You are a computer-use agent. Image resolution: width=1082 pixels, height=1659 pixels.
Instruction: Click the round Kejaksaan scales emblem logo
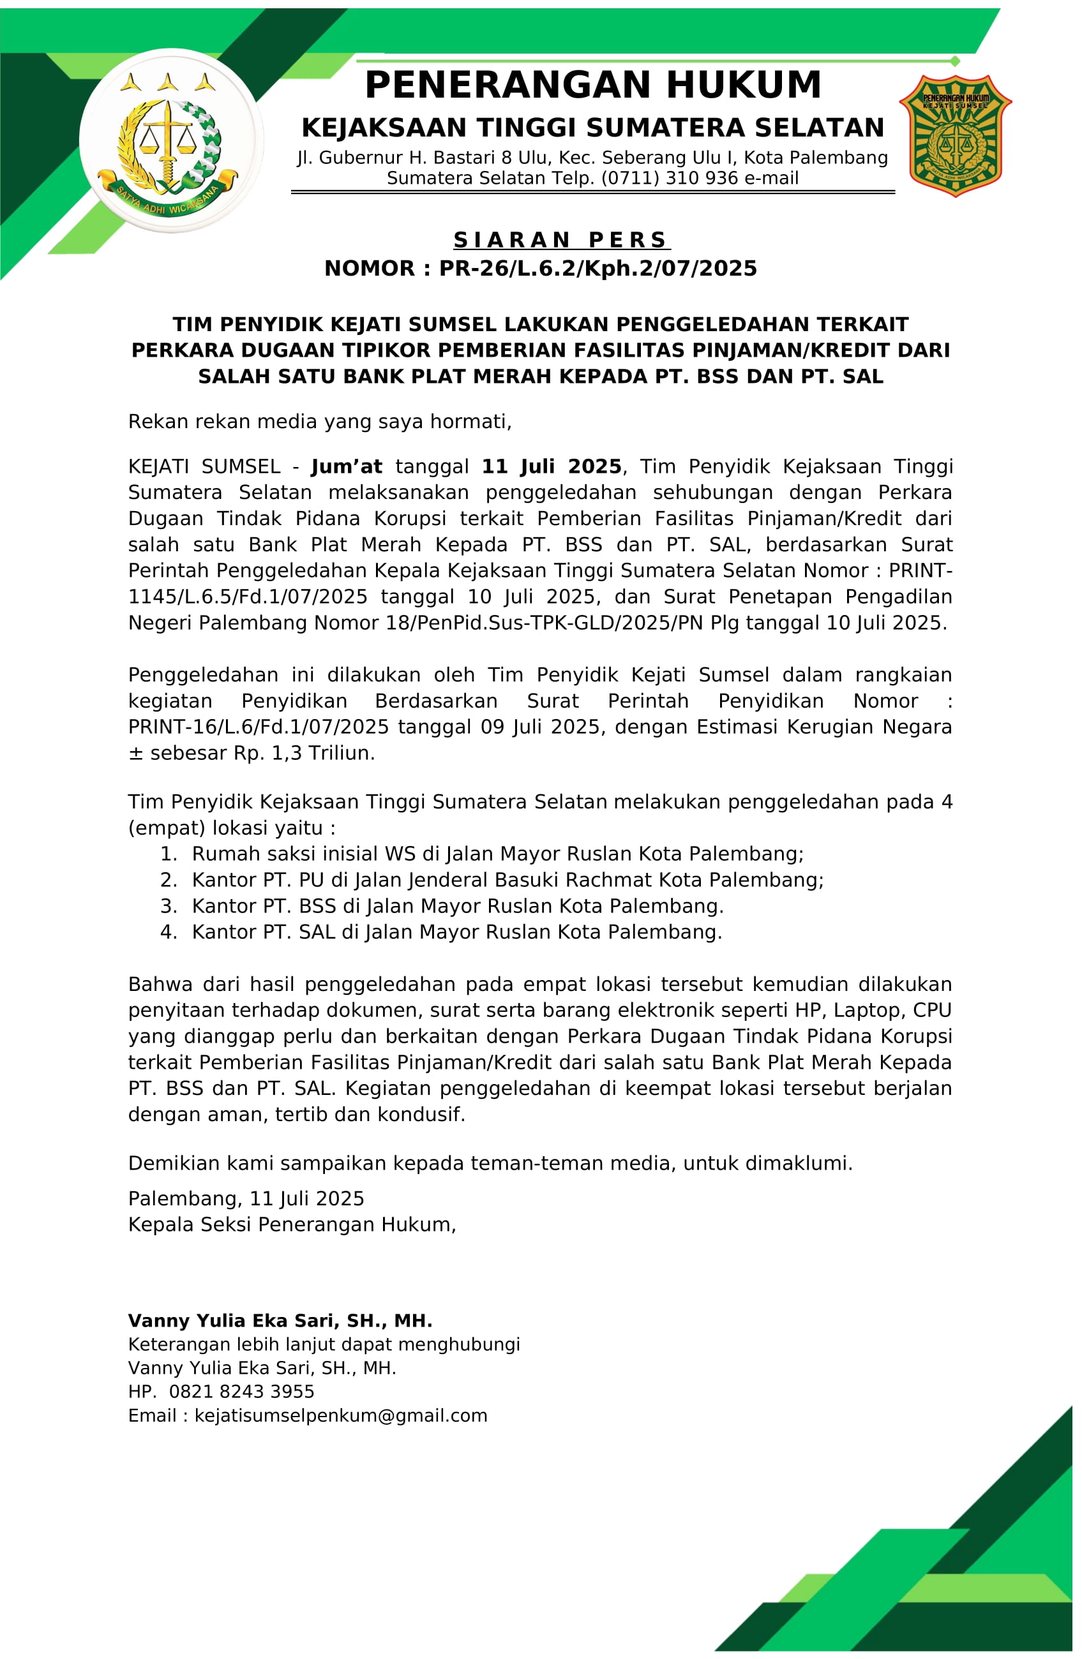pyautogui.click(x=171, y=141)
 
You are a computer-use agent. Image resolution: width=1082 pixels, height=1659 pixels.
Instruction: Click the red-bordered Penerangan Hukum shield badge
pyautogui.click(x=955, y=136)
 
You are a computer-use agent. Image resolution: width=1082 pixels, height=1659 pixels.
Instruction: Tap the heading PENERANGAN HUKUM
pyautogui.click(x=592, y=85)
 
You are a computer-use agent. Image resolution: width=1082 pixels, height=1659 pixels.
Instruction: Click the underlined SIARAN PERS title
pyautogui.click(x=561, y=240)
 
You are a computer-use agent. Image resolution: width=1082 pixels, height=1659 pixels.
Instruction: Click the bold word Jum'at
pyautogui.click(x=347, y=466)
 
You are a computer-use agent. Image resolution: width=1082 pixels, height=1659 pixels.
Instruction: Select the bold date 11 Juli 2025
pyautogui.click(x=552, y=466)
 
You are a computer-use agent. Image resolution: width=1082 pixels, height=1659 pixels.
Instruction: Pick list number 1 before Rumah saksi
pyautogui.click(x=169, y=854)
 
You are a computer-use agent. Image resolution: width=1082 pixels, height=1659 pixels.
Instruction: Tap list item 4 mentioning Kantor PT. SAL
pyautogui.click(x=456, y=932)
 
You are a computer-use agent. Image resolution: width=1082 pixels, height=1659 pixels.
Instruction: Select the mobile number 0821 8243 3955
pyautogui.click(x=241, y=1392)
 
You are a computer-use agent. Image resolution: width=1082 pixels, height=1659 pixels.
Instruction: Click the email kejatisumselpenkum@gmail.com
pyautogui.click(x=341, y=1415)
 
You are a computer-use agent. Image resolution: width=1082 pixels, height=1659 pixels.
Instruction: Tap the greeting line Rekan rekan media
pyautogui.click(x=319, y=422)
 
